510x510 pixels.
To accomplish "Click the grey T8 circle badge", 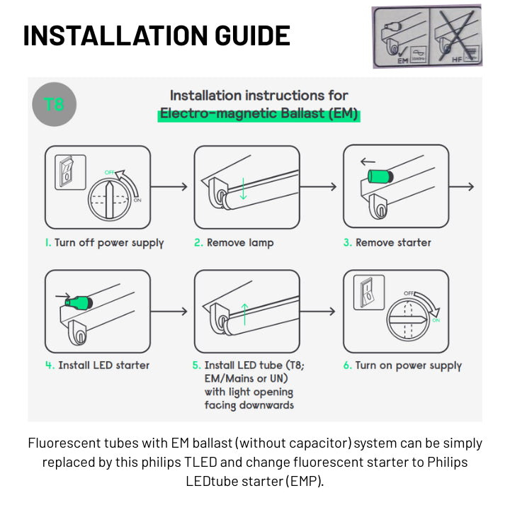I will tap(54, 105).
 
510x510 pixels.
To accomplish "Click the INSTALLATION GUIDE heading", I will tap(157, 35).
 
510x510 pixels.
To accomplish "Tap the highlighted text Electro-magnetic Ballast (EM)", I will tap(259, 113).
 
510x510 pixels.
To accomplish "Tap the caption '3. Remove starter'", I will tap(387, 243).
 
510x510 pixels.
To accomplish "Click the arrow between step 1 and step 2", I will tap(170, 187).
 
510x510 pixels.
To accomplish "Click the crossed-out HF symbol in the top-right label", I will tap(455, 37).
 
